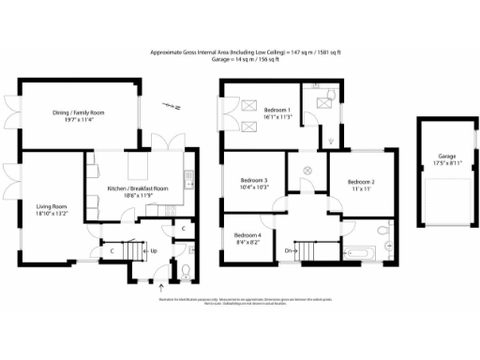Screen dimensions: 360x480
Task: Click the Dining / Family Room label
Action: tap(77, 116)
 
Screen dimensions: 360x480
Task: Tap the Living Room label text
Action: tap(52, 210)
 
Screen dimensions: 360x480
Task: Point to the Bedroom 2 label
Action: tap(361, 185)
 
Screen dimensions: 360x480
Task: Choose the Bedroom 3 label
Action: tap(253, 184)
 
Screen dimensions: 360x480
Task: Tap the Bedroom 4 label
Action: tap(247, 238)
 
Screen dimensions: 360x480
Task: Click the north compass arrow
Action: tap(169, 106)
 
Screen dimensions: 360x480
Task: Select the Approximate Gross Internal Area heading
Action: tap(240, 53)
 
